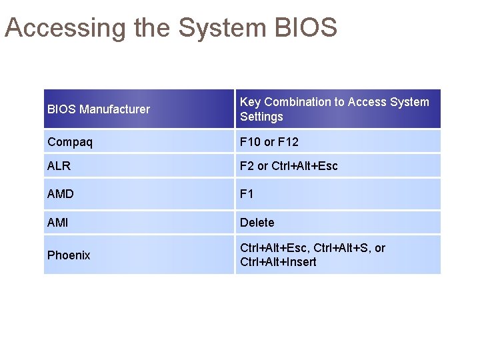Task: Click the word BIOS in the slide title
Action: (305, 28)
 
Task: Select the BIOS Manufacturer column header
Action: (99, 109)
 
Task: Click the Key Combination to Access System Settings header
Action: (334, 109)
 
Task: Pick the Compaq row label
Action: (70, 142)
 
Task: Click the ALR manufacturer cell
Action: (59, 166)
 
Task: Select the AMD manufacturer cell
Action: (61, 194)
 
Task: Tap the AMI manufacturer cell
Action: (58, 223)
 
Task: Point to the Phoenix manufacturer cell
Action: (69, 255)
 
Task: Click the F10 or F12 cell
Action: (269, 142)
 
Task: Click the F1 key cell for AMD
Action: (247, 194)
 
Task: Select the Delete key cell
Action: (257, 223)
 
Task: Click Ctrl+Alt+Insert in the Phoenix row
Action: (278, 262)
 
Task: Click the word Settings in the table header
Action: (261, 117)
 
